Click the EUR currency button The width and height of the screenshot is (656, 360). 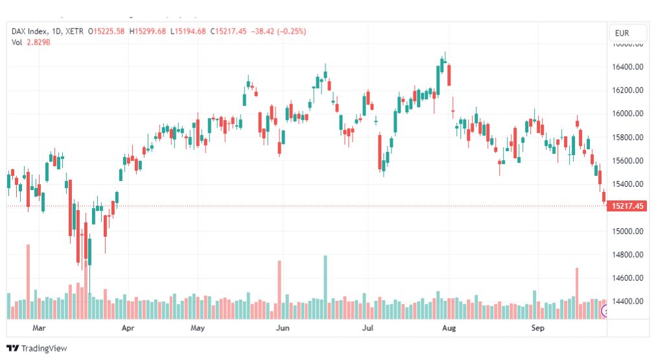[x=627, y=33]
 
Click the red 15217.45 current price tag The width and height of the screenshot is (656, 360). [x=627, y=206]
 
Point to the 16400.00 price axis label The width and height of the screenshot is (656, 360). [x=627, y=67]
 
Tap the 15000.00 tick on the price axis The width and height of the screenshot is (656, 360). [x=627, y=231]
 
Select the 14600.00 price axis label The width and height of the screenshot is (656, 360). [x=627, y=278]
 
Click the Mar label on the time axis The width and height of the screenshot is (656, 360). [x=40, y=328]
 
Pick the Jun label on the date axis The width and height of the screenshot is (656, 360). [x=283, y=328]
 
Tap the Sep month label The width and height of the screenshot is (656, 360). [x=537, y=328]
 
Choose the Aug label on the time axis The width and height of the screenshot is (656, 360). [x=449, y=328]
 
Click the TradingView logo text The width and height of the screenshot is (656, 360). [x=44, y=348]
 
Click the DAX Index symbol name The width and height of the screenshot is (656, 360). [x=32, y=31]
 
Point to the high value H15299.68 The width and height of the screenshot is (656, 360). [x=148, y=31]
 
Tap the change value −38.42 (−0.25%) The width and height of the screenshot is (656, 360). [x=279, y=31]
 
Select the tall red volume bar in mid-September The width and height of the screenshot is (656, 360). [x=576, y=292]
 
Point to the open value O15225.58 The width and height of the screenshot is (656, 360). [x=107, y=31]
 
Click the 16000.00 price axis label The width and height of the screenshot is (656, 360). [x=627, y=114]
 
